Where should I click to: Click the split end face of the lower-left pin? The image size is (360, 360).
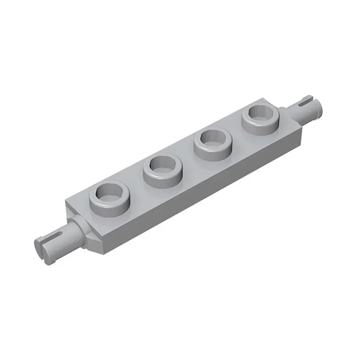tap(41, 246)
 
